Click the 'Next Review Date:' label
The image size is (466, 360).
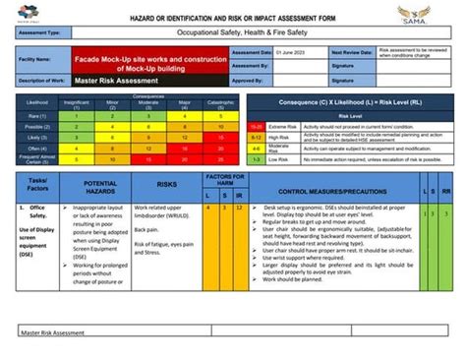point(351,51)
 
